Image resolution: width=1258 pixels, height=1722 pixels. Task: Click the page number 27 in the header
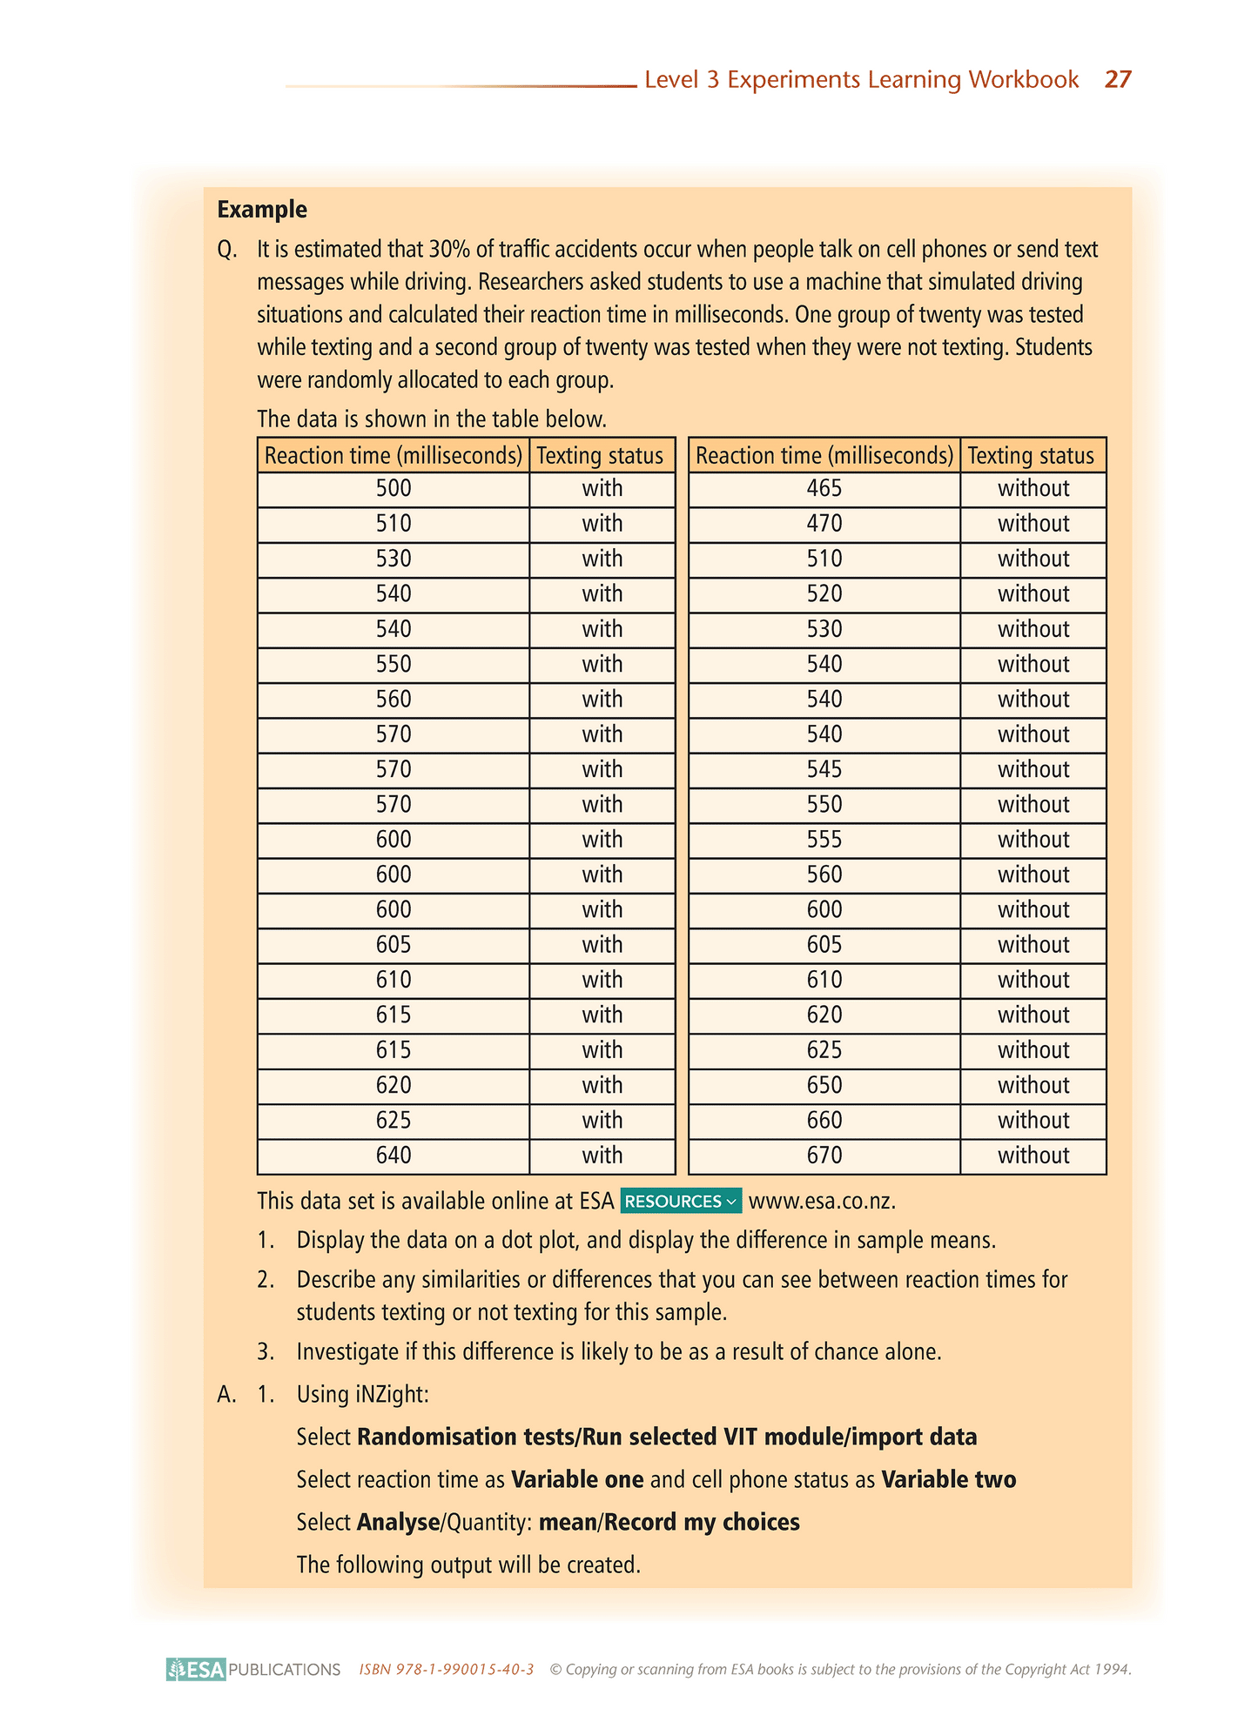1118,80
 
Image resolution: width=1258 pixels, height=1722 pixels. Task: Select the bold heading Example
262,210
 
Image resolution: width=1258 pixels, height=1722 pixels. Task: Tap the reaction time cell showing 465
824,489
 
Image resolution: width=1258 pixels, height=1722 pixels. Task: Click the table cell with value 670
824,1156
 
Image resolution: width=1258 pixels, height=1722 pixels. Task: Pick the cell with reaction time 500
394,489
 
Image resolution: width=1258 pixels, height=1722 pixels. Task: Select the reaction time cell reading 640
394,1156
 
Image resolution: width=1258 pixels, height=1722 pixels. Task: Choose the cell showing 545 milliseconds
824,770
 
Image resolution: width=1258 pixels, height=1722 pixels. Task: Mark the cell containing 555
824,840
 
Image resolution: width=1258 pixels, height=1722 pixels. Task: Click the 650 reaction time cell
824,1085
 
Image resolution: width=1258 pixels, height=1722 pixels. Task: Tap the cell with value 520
824,594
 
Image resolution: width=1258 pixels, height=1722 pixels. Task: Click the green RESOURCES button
681,1202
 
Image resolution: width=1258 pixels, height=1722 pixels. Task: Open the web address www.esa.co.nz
821,1202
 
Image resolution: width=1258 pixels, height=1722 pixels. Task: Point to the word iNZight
392,1395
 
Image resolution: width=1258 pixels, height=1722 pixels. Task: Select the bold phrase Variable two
948,1480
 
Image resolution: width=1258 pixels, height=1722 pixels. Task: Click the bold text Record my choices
702,1523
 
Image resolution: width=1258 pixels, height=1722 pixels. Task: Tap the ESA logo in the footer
197,1669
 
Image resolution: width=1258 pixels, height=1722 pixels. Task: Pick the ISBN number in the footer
447,1670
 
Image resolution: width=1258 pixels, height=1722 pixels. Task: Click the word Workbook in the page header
1023,80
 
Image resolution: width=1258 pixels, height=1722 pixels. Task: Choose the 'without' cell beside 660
1033,1121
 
